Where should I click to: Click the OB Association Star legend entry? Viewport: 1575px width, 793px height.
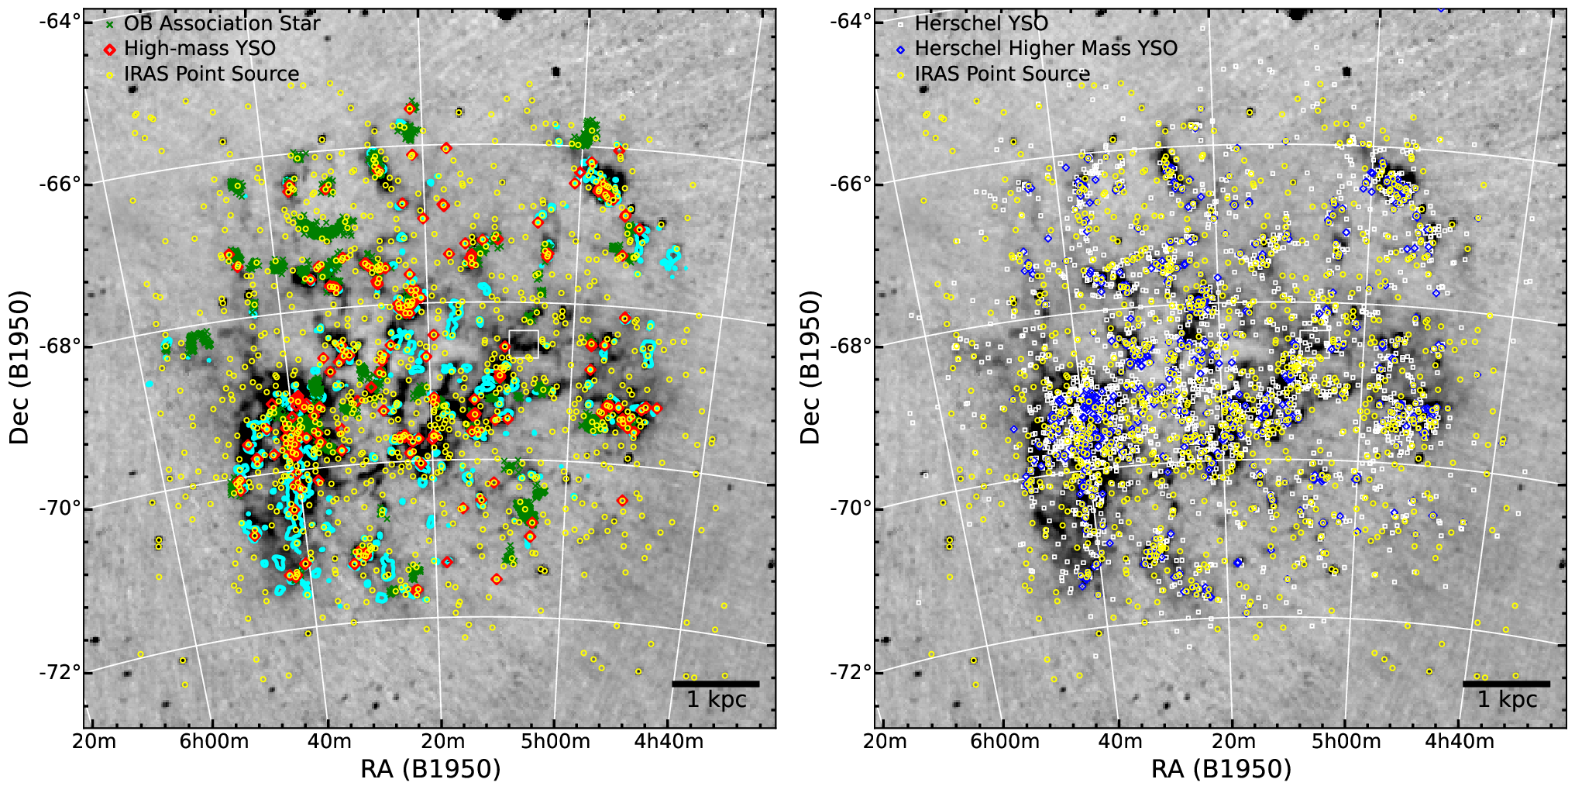pyautogui.click(x=212, y=23)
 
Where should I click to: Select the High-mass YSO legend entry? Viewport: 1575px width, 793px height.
pyautogui.click(x=190, y=48)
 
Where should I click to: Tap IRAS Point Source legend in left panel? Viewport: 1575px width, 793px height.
pyautogui.click(x=202, y=74)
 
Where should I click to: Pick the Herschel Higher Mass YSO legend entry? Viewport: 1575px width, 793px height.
pyautogui.click(x=1037, y=48)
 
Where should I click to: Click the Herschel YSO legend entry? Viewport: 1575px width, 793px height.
pyautogui.click(x=972, y=23)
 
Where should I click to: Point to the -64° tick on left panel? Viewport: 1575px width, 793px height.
pyautogui.click(x=60, y=21)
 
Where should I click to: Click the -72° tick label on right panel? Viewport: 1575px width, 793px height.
pyautogui.click(x=851, y=671)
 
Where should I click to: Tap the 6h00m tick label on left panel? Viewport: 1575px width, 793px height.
pyautogui.click(x=214, y=742)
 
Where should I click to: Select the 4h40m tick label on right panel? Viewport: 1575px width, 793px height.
pyautogui.click(x=1460, y=742)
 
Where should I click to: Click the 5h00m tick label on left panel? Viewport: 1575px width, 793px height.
pyautogui.click(x=555, y=742)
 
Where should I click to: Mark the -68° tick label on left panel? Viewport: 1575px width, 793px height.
pyautogui.click(x=60, y=346)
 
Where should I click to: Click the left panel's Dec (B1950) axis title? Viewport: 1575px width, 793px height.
pyautogui.click(x=19, y=367)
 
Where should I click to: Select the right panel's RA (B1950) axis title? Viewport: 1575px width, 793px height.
pyautogui.click(x=1222, y=769)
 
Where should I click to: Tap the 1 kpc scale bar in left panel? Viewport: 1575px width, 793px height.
pyautogui.click(x=715, y=684)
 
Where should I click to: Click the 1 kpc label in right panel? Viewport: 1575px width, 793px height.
pyautogui.click(x=1508, y=700)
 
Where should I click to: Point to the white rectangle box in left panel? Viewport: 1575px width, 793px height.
pyautogui.click(x=524, y=343)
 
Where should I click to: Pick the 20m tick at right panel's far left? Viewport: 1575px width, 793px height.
pyautogui.click(x=885, y=742)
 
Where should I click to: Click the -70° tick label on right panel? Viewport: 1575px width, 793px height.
pyautogui.click(x=851, y=509)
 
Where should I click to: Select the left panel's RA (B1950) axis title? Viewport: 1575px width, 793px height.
pyautogui.click(x=431, y=769)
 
